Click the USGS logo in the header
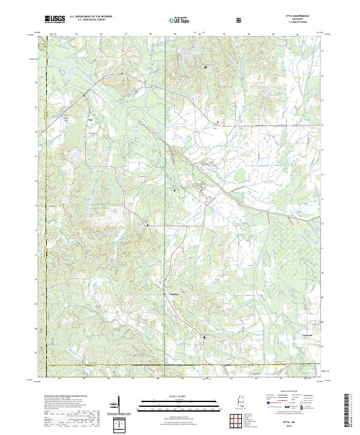[x=55, y=19]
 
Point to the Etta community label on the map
[x=91, y=119]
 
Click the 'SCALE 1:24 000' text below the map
[x=180, y=396]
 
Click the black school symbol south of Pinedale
[x=204, y=338]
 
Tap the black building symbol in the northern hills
[x=206, y=68]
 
